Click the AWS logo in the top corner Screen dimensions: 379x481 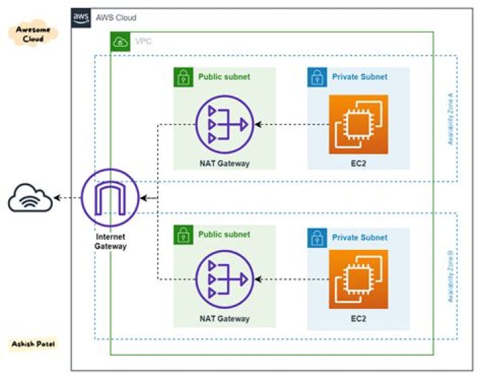point(82,18)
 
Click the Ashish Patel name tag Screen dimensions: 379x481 point(32,344)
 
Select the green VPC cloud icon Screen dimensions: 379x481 point(120,41)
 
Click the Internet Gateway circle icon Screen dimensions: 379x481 point(110,198)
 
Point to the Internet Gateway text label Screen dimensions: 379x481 point(110,242)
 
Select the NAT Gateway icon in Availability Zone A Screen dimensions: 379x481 point(224,124)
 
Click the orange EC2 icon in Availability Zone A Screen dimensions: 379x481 point(358,124)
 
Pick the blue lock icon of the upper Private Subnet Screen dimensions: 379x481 point(317,77)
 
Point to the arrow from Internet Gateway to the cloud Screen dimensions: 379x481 point(67,198)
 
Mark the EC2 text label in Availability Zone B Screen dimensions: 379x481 point(358,319)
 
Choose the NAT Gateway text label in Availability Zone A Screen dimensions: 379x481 point(224,163)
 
